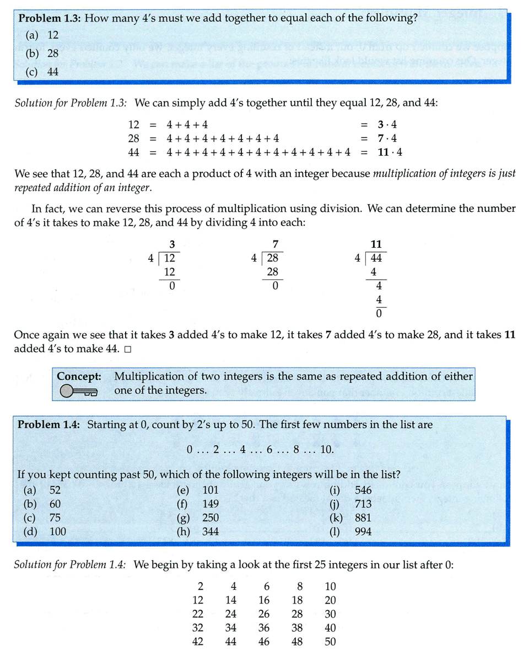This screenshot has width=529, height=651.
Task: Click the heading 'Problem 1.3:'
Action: pos(50,18)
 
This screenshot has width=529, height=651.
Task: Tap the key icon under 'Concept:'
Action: pos(78,391)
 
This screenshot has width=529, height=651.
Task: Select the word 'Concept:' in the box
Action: pos(79,377)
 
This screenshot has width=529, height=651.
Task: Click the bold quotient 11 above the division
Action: pos(377,244)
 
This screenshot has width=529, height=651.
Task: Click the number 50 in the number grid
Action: pos(330,642)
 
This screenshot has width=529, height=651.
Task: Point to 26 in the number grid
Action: pos(264,614)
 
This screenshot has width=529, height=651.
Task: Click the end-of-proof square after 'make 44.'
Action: pos(128,349)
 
